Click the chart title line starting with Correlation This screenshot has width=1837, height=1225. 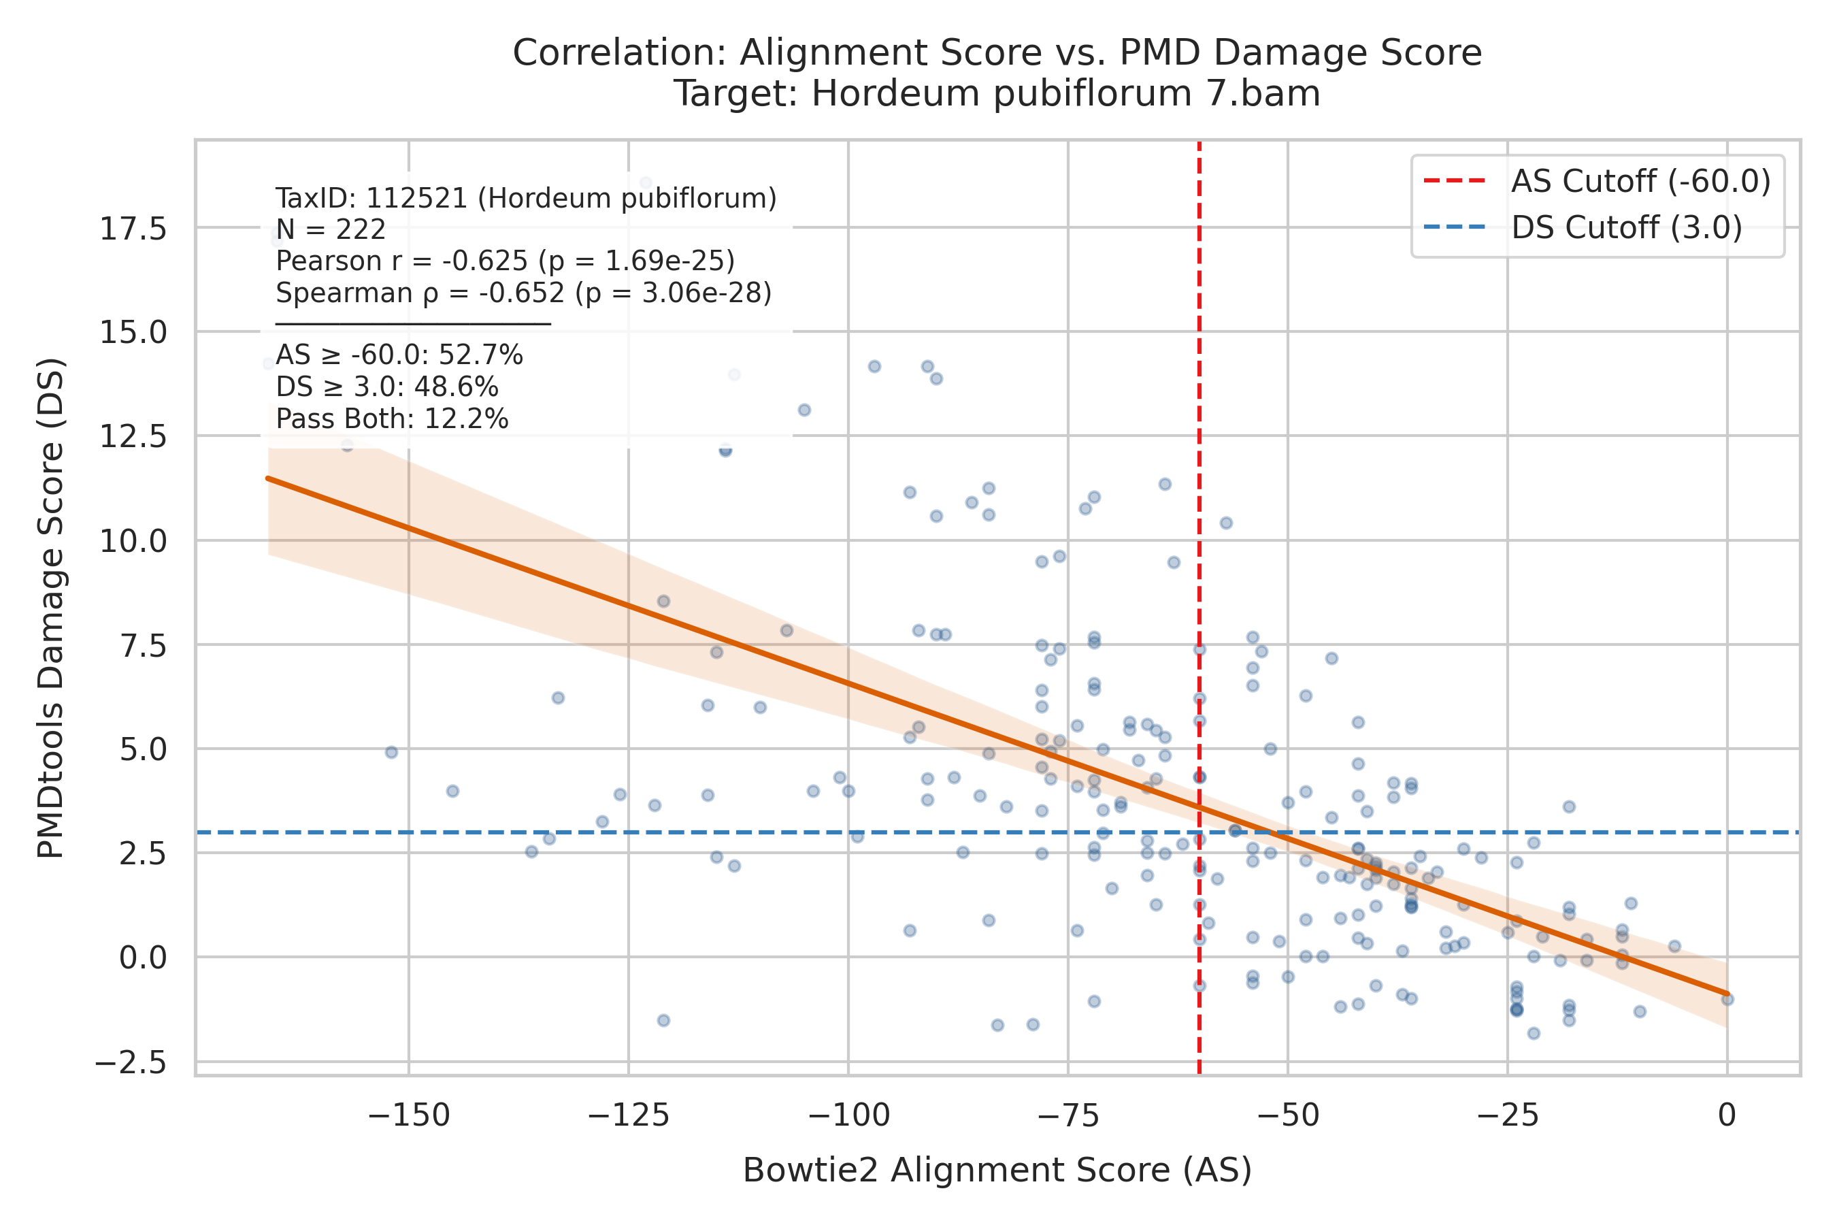(997, 53)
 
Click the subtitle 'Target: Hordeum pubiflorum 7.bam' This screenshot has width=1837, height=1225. (997, 94)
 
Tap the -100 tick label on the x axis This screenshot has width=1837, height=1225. (848, 1115)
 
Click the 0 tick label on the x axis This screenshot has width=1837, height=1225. (1727, 1115)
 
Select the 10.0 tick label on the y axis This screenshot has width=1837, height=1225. (133, 540)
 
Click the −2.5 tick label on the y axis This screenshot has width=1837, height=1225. (131, 1062)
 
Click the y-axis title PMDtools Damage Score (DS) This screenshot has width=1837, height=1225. (52, 608)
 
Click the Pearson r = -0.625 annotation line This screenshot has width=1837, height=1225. (506, 261)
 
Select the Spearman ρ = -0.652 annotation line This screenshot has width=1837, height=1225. (524, 293)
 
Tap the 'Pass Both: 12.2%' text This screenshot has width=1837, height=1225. (392, 419)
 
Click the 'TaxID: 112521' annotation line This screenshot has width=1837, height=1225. (527, 199)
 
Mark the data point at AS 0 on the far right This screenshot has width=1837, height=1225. (1727, 998)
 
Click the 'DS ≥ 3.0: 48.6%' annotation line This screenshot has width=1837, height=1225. (387, 387)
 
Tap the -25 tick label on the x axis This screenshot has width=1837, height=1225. (1508, 1115)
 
